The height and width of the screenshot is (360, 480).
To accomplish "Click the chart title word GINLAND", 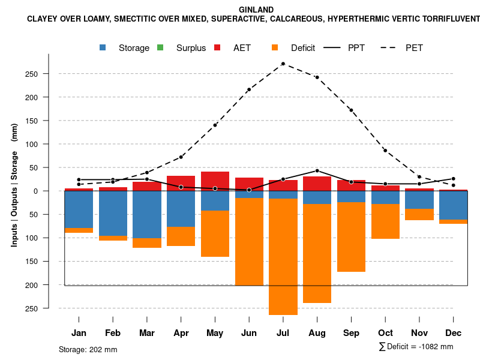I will point(256,10).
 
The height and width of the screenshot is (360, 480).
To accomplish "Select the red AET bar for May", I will point(215,181).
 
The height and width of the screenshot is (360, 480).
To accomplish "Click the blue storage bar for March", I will point(147,215).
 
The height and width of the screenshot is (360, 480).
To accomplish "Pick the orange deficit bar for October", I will point(385,221).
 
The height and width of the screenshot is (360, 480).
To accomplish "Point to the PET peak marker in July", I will point(283,64).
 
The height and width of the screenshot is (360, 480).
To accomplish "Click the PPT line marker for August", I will point(317,170).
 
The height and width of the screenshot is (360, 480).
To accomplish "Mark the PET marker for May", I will point(215,125).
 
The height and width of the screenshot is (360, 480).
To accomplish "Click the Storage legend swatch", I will point(103,47).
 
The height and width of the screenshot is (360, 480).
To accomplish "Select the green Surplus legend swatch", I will point(160,47).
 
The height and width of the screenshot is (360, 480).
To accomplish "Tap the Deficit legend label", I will point(302,48).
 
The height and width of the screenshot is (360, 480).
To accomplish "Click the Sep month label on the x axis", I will point(351,333).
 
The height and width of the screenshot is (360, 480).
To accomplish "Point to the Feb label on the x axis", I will point(113,333).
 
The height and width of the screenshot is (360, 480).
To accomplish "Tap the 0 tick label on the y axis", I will point(52,191).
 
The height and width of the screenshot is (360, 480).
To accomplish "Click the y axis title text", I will point(14,185).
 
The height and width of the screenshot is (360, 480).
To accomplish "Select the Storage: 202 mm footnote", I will point(88,349).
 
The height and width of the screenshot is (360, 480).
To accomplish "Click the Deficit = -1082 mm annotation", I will point(416,346).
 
